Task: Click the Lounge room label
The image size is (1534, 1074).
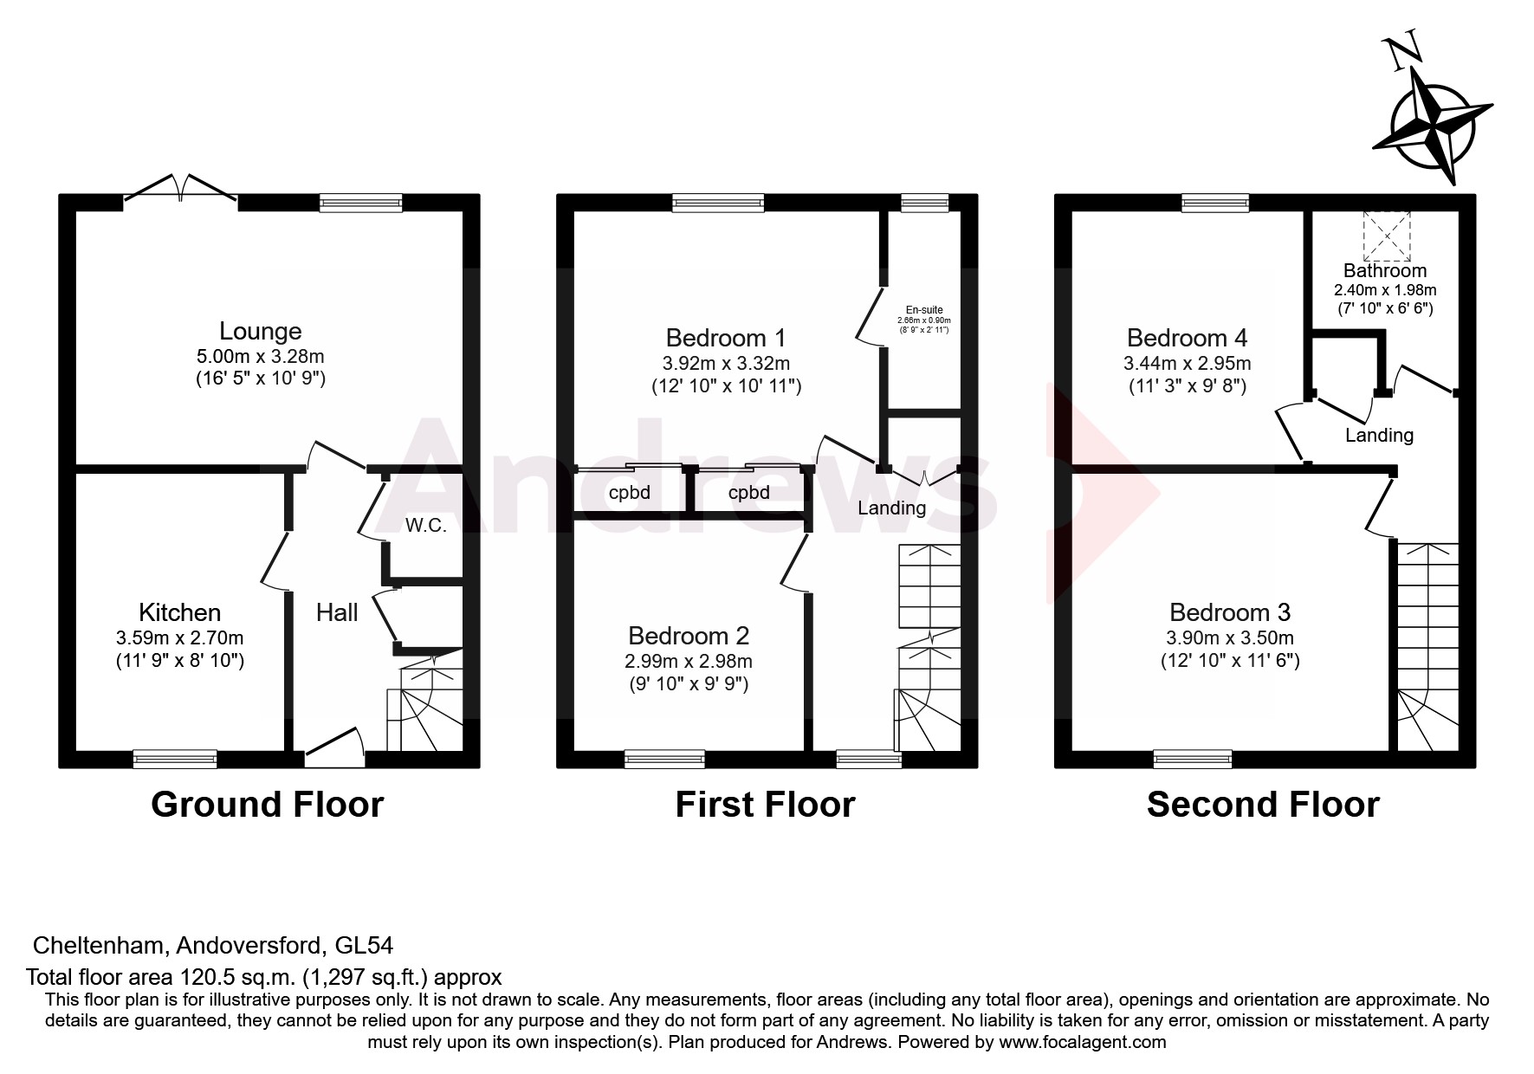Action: pyautogui.click(x=260, y=331)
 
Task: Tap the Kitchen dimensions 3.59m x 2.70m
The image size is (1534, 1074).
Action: pyautogui.click(x=179, y=638)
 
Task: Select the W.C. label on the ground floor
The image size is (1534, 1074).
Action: pyautogui.click(x=425, y=526)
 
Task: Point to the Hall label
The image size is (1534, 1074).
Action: pyautogui.click(x=337, y=613)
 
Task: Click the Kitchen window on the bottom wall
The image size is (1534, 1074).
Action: pyautogui.click(x=175, y=759)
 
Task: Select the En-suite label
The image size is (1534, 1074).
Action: pyautogui.click(x=924, y=310)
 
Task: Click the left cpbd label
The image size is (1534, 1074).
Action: pyautogui.click(x=630, y=493)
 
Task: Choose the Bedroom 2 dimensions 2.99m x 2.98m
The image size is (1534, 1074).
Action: pyautogui.click(x=689, y=662)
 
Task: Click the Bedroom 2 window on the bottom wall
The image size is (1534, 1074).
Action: pyautogui.click(x=664, y=759)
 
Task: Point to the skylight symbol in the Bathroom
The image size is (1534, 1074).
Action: pyautogui.click(x=1387, y=235)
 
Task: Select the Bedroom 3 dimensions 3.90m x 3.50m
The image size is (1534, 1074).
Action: pyautogui.click(x=1230, y=638)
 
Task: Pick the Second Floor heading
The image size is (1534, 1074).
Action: pyautogui.click(x=1262, y=805)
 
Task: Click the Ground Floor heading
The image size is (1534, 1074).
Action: pyautogui.click(x=267, y=805)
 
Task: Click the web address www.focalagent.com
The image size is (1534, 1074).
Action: pyautogui.click(x=1082, y=1042)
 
